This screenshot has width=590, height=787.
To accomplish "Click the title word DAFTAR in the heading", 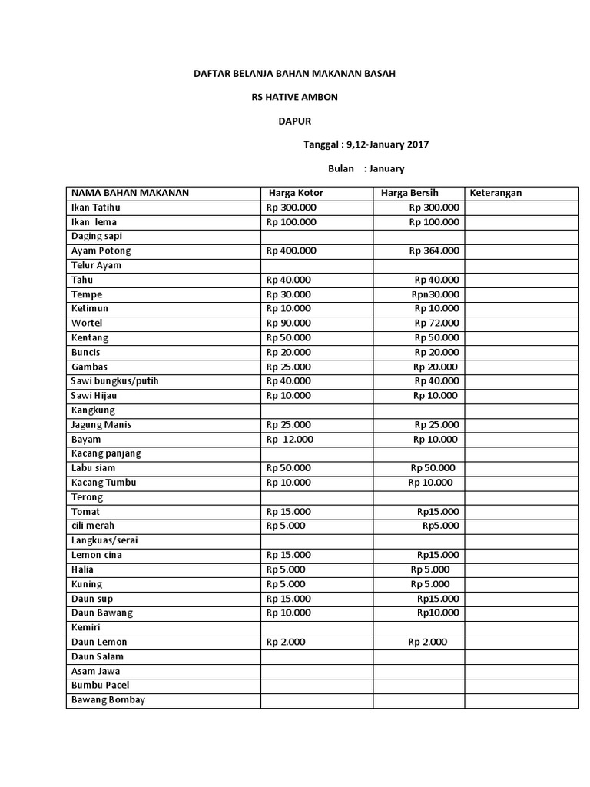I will pos(210,74).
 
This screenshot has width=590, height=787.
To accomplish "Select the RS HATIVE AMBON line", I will pos(294,98).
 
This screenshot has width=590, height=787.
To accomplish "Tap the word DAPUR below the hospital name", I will pos(295,121).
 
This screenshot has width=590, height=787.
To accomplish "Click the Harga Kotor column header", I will pos(296,193).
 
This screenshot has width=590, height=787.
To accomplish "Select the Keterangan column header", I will pos(496,193).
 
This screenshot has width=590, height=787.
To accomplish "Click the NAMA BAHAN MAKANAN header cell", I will pos(130,193).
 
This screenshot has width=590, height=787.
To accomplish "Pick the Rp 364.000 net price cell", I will pos(434,251).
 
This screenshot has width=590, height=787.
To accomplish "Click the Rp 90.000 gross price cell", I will pos(289,324).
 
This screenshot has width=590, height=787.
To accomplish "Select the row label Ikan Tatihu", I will pos(96,208).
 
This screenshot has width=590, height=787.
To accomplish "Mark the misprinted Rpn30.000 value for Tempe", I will pos(435,294).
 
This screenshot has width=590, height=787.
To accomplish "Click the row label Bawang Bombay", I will pos(108,700).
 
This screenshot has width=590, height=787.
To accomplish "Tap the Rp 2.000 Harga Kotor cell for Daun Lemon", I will pos(286,642).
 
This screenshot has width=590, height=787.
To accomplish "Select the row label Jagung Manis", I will pos(101,425).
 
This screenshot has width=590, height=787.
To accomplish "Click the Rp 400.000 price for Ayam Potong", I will pos(291,251).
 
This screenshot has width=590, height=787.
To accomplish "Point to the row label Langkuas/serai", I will pos(104,540).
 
